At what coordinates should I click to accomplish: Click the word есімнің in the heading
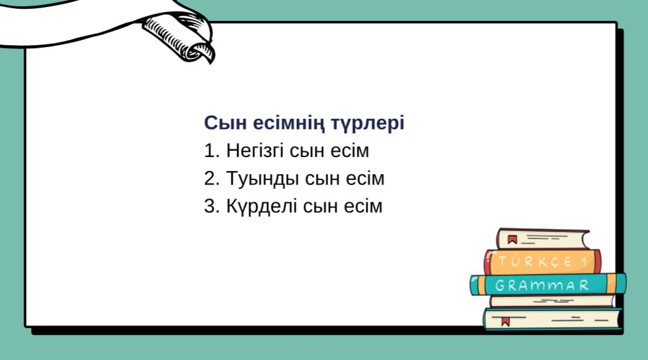point(289,123)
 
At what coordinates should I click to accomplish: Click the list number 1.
point(211,151)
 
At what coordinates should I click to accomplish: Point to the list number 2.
point(212,179)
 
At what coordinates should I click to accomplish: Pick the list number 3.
point(212,206)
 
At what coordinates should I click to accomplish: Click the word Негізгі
point(255,151)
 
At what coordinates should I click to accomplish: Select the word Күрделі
point(261,207)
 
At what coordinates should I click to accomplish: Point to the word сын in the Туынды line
point(323,179)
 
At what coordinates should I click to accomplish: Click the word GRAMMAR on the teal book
point(542,285)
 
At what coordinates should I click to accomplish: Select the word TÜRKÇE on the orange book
point(535,261)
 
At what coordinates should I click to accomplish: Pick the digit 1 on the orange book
point(584,262)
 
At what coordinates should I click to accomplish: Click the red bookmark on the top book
point(513,239)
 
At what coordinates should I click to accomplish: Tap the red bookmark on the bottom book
point(505,321)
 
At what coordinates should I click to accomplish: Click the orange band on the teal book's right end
point(612,284)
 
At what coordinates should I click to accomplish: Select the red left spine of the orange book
point(488,262)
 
